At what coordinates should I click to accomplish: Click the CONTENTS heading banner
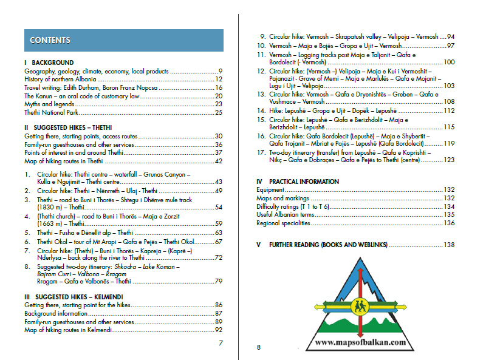pos(124,40)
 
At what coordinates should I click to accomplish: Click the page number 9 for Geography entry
pos(221,71)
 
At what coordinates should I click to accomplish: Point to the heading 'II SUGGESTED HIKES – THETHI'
pos(71,128)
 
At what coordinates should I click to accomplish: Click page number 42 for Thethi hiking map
pos(219,161)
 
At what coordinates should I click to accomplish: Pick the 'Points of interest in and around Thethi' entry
pos(74,152)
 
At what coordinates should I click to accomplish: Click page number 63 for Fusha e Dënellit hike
pos(219,233)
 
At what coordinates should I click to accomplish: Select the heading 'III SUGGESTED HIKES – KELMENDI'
pos(76,296)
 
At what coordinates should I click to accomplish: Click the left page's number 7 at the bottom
pos(221,344)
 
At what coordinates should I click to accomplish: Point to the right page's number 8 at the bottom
pos(258,347)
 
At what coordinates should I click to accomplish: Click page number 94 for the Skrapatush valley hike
pos(451,36)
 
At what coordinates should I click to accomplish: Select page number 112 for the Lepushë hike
pos(449,110)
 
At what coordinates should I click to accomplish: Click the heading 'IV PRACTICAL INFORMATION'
pos(298,182)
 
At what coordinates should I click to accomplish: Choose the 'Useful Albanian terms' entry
pos(286,214)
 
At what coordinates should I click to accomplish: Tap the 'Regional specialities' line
pos(284,223)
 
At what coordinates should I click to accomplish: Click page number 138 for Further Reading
pos(449,245)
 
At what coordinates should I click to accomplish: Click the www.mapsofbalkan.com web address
pos(360,343)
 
